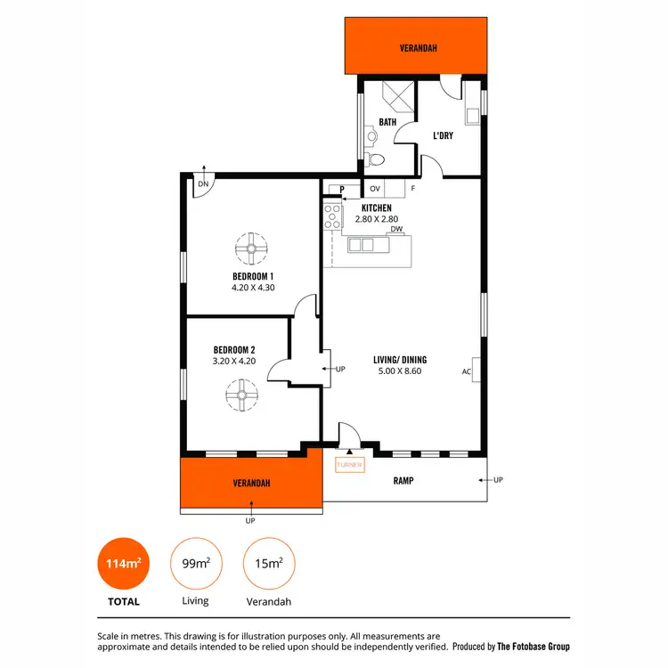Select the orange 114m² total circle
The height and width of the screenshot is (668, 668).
click(123, 565)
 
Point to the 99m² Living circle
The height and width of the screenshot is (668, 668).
click(195, 565)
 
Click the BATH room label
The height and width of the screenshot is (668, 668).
click(387, 122)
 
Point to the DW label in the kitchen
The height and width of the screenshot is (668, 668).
click(395, 229)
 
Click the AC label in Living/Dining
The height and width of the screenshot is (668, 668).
click(466, 371)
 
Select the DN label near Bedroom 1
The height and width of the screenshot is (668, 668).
click(203, 184)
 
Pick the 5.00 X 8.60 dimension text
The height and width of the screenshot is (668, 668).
click(397, 371)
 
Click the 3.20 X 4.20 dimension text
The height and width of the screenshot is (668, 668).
click(234, 361)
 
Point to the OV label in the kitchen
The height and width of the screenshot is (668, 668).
click(375, 189)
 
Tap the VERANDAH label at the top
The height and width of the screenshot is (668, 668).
click(419, 49)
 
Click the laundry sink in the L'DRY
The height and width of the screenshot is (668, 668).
click(471, 114)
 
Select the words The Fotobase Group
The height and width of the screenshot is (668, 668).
click(533, 647)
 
